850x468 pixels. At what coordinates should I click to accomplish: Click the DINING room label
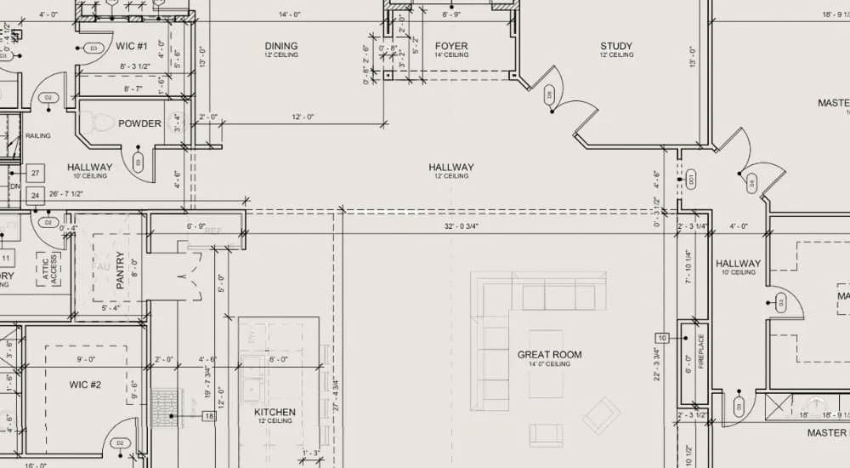280,46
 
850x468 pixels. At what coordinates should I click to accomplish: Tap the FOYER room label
450,46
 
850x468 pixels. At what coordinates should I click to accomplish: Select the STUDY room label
616,46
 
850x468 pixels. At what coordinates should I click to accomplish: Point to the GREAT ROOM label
549,354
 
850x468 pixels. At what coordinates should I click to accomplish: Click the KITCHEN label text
275,413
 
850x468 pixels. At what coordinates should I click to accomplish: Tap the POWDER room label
139,123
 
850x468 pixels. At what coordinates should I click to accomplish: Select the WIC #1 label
132,45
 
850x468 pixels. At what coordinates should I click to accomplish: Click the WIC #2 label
85,385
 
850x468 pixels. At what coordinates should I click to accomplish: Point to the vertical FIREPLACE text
701,351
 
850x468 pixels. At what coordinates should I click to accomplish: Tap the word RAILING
37,135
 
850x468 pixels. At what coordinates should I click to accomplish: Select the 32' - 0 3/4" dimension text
461,225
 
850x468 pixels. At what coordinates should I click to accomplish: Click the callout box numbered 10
662,338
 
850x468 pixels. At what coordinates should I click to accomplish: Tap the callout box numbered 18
208,416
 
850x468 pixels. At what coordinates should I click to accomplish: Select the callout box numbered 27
36,173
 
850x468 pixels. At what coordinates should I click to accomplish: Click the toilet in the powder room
103,123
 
